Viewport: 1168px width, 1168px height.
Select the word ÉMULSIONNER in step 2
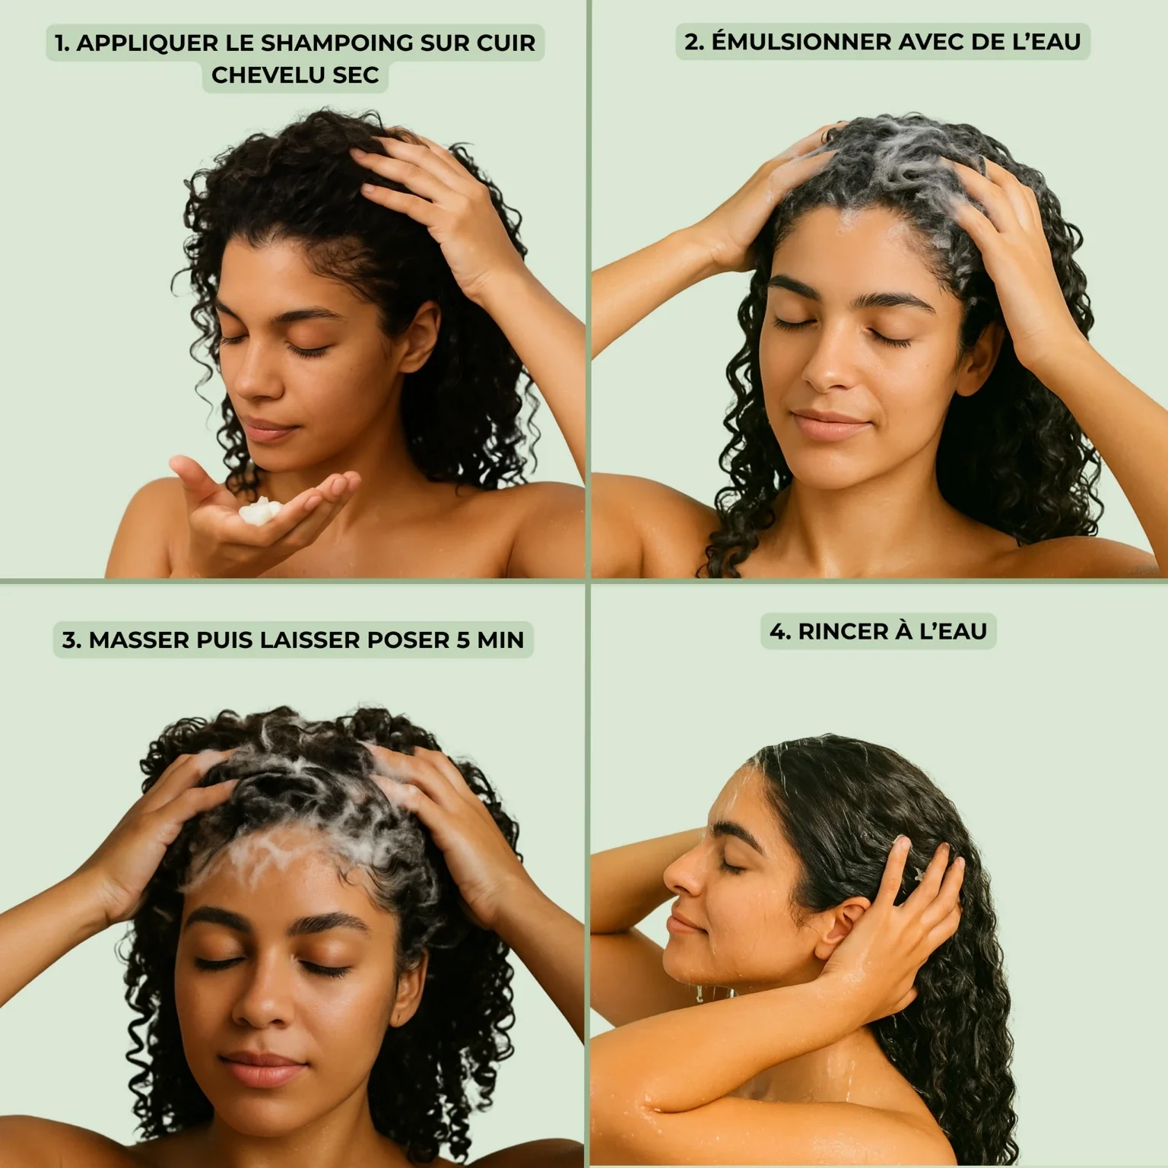[801, 42]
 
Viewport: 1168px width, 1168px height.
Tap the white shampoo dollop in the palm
[256, 512]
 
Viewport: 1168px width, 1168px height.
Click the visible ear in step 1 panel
[421, 335]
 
